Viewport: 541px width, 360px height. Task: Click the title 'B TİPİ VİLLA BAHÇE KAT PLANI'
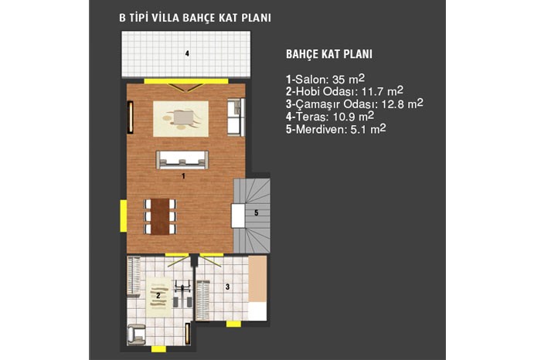coord(195,18)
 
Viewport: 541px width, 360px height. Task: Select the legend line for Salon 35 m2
coord(325,80)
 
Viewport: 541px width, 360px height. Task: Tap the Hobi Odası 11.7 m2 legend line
coord(345,91)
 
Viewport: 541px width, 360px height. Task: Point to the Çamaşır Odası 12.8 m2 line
coord(354,104)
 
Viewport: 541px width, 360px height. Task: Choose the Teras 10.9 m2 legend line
coord(329,117)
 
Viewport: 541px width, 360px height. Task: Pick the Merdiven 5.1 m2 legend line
coord(335,129)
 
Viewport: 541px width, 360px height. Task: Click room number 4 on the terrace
coord(187,53)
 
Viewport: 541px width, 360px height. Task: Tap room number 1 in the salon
coord(184,176)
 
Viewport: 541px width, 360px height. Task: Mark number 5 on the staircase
coord(257,212)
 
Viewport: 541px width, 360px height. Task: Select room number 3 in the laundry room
coord(227,287)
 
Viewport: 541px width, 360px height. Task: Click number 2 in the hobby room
coord(158,296)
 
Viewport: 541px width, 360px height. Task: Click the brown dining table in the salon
coord(160,216)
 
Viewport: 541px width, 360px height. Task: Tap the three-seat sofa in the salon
coord(182,160)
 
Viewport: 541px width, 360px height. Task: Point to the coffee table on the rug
coord(182,117)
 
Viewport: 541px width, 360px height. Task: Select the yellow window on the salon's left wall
coord(123,216)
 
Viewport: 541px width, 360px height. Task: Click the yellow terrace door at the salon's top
coord(186,81)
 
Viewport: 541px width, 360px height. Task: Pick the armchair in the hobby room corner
coord(136,335)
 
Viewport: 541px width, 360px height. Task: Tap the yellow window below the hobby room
coord(158,349)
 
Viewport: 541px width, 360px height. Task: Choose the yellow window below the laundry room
coord(233,324)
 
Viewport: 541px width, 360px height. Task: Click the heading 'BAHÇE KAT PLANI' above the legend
coord(329,54)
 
